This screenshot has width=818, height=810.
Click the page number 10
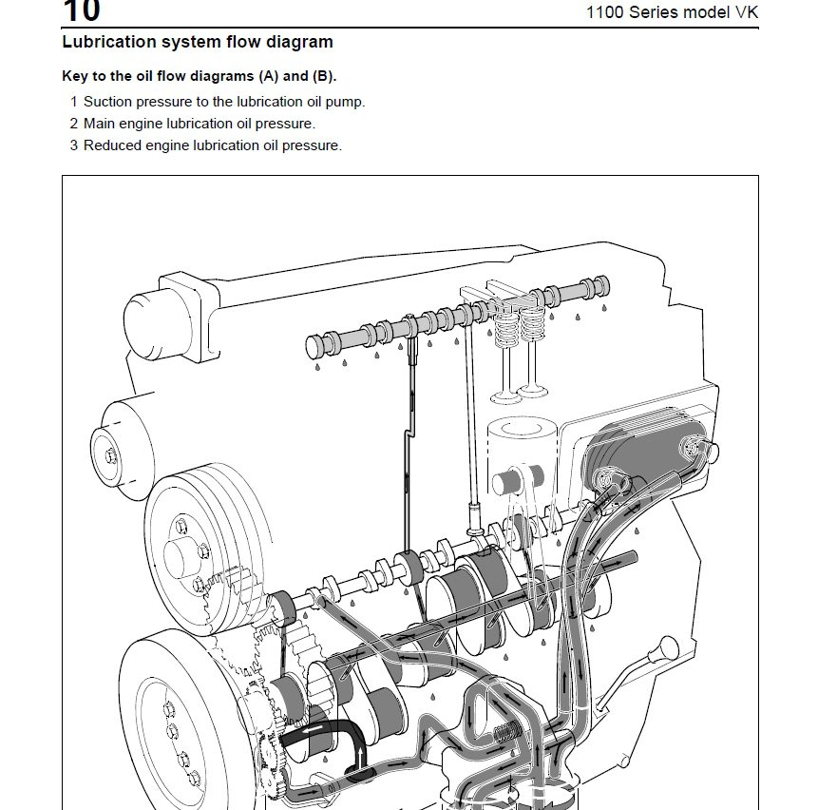[81, 11]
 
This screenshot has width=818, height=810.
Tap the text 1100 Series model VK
[672, 12]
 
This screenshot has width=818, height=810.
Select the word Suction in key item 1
[108, 101]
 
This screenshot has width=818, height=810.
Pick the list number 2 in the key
[73, 123]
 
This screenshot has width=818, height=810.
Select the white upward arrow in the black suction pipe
[361, 756]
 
